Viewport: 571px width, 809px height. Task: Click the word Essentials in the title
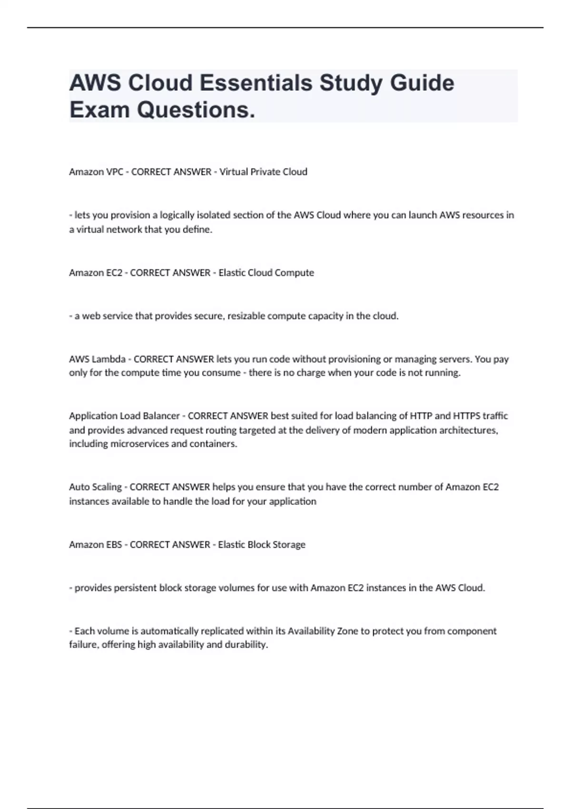tap(256, 83)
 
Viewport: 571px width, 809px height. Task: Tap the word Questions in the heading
tap(196, 110)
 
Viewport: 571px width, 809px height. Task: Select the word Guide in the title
tap(422, 83)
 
